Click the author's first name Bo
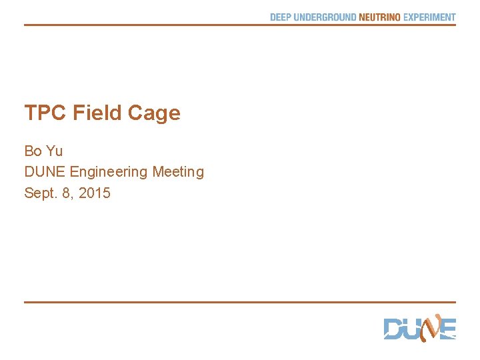pyautogui.click(x=33, y=151)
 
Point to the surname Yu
pyautogui.click(x=54, y=151)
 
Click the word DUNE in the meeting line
pyautogui.click(x=45, y=172)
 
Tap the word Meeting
pyautogui.click(x=178, y=173)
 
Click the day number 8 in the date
pyautogui.click(x=67, y=194)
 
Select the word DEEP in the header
pyautogui.click(x=281, y=17)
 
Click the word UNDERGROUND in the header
pyautogui.click(x=325, y=17)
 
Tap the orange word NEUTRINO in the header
pyautogui.click(x=379, y=17)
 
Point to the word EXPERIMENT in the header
pyautogui.click(x=429, y=17)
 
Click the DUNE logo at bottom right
pyautogui.click(x=419, y=328)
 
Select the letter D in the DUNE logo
pyautogui.click(x=393, y=329)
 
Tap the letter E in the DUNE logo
pyautogui.click(x=448, y=329)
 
